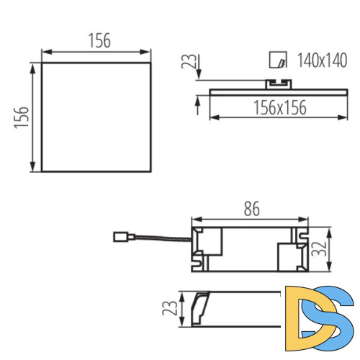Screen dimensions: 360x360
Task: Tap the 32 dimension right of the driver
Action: pos(321,249)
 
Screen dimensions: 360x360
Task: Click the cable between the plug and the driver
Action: pos(158,240)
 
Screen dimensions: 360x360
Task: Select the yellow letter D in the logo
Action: pos(300,312)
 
